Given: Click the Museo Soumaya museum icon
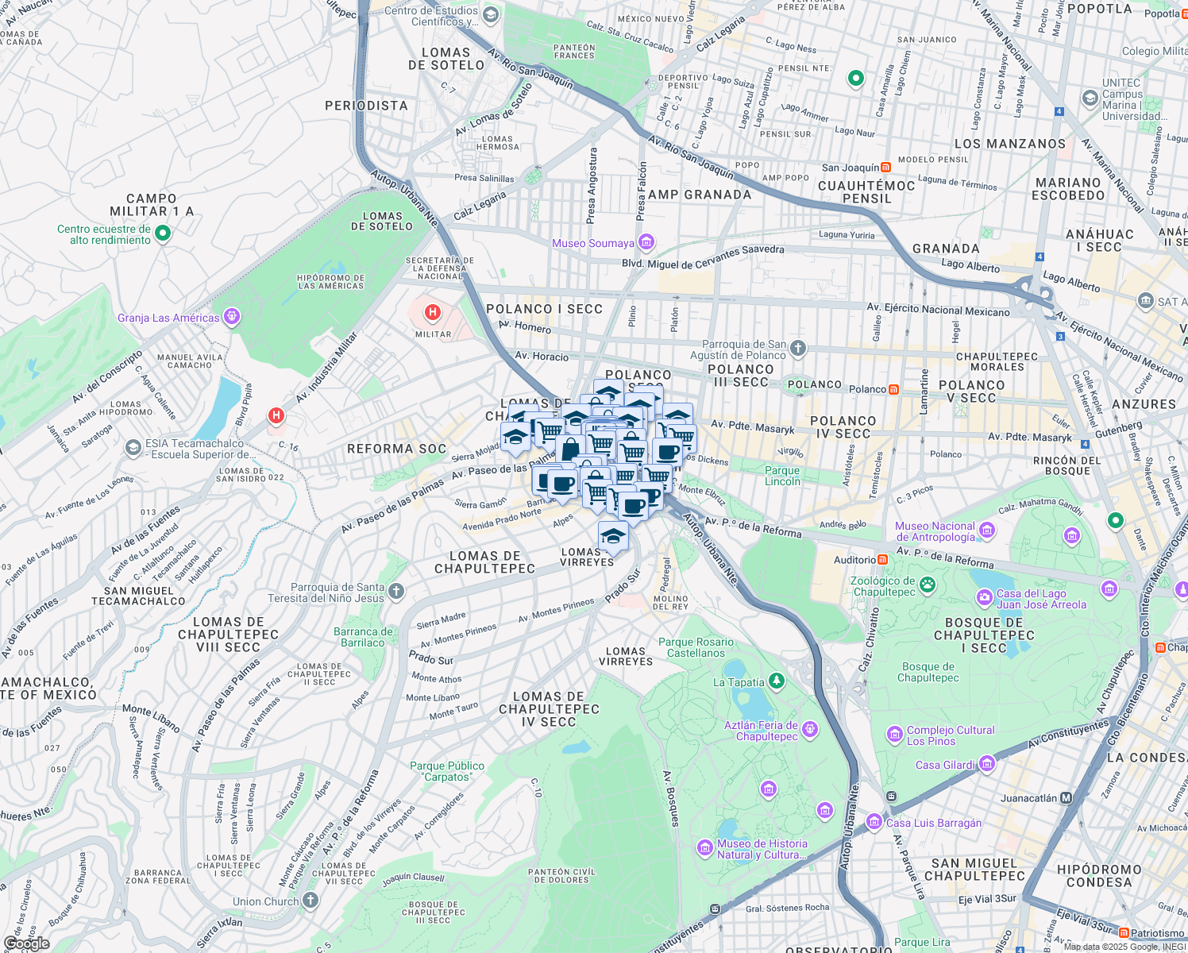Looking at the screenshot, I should point(646,241).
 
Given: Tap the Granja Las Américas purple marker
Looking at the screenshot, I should point(231,317).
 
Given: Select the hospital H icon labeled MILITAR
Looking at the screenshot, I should point(433,312).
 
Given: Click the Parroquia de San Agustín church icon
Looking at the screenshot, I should point(798,348).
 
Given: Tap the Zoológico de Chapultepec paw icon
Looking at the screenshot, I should point(927,586).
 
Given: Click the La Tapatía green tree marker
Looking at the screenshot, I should point(777,681).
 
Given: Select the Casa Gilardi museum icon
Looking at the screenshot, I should point(986,764).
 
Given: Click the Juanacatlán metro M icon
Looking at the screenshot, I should point(1066,798).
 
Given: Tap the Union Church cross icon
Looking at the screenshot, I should point(310,901).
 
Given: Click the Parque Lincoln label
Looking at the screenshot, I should point(782,476).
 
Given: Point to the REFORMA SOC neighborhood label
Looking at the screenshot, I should point(396,449).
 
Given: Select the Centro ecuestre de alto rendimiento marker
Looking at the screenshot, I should point(163,233).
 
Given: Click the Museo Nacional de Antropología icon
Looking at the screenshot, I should point(986,531).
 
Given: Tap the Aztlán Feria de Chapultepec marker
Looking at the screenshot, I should point(809,729).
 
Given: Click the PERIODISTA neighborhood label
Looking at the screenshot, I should point(366,106).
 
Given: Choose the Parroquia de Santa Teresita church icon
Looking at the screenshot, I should point(396,591).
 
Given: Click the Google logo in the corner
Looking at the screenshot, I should point(26,943).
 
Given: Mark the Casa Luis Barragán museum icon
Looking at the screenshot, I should point(874,822).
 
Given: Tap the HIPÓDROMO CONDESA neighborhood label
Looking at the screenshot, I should point(1099,876).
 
